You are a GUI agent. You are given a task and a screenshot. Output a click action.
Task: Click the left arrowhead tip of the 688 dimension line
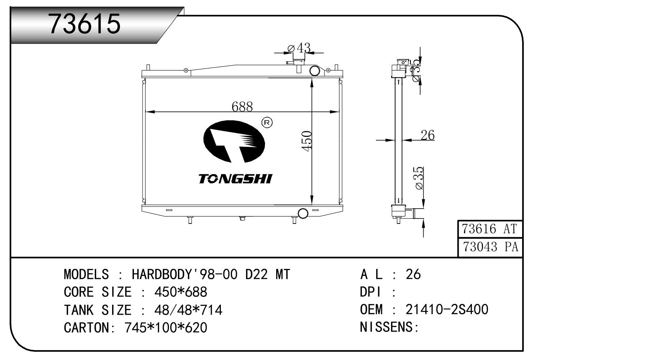coord(145,112)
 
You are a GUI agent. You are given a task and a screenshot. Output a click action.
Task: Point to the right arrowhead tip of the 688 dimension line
coord(339,112)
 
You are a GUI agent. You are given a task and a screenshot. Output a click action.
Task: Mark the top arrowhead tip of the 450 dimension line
coord(312,79)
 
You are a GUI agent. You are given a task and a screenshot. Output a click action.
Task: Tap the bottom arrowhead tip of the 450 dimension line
coord(312,205)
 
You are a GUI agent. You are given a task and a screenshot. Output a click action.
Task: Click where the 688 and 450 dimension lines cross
coord(312,112)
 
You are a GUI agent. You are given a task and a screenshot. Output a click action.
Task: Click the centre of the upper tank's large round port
coord(314,71)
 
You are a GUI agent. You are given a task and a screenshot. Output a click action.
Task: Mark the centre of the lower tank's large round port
coord(303,213)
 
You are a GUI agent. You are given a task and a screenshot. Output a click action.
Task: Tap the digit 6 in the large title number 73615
coord(83,24)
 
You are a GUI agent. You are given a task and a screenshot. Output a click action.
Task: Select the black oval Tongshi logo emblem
coord(234,141)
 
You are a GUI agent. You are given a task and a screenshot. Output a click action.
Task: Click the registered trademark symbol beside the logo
coord(266,122)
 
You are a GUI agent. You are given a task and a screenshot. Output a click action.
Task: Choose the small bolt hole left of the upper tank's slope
coord(185,70)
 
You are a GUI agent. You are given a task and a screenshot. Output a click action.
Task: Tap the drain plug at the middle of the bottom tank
coord(242,218)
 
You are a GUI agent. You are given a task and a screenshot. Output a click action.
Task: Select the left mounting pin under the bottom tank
coord(190,220)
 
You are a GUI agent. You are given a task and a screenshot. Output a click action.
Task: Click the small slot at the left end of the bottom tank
coord(169,210)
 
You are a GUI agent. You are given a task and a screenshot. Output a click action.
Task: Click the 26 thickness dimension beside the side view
coord(427,135)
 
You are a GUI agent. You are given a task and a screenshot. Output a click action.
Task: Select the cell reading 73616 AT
coord(490,229)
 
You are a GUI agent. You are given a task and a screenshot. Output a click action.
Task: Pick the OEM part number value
coord(447,309)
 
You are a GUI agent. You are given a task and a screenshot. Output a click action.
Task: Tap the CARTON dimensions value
coord(166,328)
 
